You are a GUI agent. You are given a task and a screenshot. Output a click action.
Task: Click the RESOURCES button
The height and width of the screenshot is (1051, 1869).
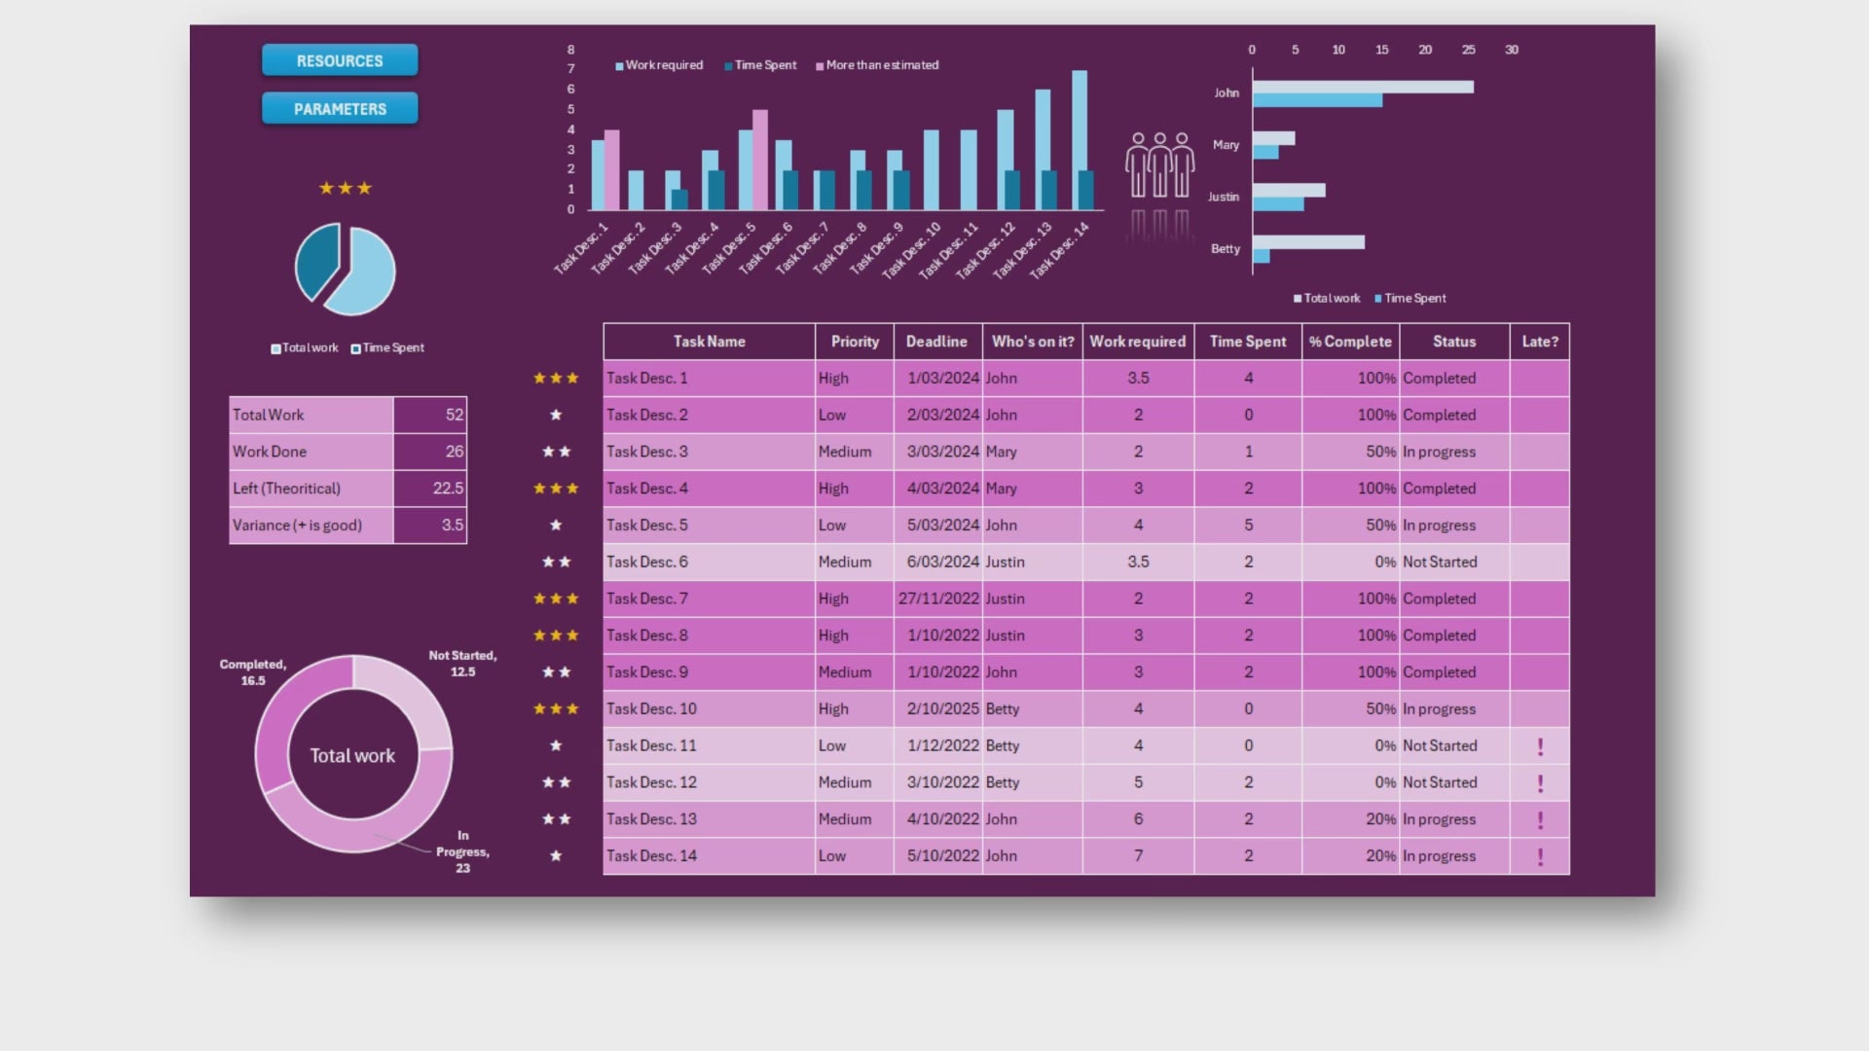340,60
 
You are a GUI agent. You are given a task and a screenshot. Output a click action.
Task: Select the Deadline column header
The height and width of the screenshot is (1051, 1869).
936,342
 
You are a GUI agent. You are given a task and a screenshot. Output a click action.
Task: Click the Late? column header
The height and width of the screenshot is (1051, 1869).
1540,342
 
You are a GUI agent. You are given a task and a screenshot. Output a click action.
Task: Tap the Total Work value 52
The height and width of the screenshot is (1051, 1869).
430,415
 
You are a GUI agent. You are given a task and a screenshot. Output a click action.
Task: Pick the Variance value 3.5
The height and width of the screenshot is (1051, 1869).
430,525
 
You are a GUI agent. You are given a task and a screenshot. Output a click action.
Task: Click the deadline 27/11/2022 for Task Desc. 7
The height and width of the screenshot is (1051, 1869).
938,598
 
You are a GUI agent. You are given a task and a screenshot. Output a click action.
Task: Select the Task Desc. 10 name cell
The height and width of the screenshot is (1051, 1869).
709,708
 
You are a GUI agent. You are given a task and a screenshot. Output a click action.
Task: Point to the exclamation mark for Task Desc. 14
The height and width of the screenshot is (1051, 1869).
1540,856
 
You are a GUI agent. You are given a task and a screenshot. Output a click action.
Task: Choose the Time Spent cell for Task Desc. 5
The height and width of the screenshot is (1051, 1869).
1248,525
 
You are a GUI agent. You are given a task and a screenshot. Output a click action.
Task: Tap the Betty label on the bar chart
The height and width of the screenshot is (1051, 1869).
1226,249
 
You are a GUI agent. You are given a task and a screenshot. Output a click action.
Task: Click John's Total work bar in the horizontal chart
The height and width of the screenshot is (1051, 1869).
1363,87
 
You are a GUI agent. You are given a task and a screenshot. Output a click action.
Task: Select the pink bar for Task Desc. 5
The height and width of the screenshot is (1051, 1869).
760,161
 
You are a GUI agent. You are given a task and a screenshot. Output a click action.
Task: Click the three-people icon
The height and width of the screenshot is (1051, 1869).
1159,165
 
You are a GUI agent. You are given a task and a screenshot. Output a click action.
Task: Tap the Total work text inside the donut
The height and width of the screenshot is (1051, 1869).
352,755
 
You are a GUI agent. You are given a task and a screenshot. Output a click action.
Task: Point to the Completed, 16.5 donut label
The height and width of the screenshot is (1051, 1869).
253,672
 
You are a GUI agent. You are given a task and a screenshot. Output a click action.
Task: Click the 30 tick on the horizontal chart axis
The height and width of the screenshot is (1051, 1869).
1511,50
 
